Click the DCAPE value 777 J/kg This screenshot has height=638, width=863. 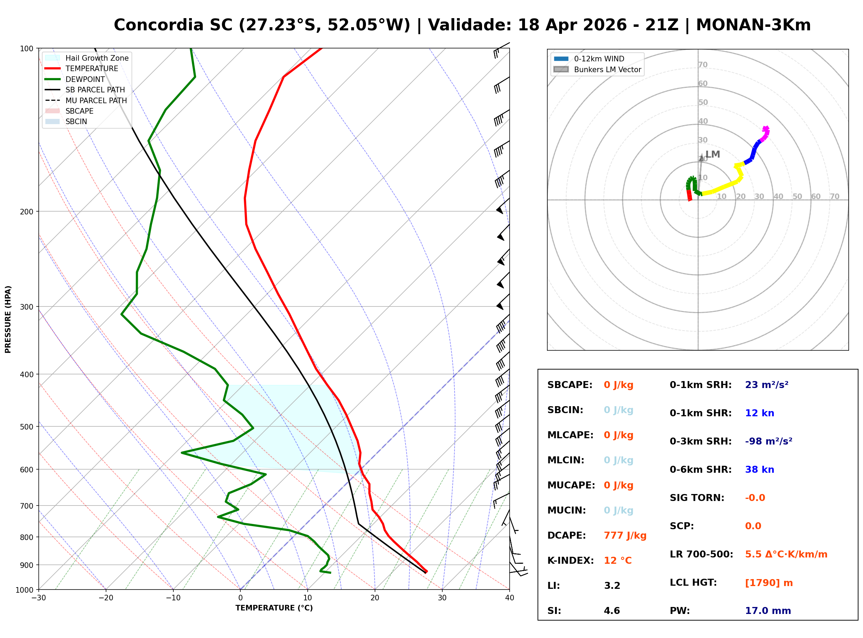point(625,535)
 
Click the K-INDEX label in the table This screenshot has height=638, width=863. point(570,560)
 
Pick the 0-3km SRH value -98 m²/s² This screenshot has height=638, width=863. point(768,441)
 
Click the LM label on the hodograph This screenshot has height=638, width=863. point(712,154)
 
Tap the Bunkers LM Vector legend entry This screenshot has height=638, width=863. point(607,69)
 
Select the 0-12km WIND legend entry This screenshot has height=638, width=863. point(599,59)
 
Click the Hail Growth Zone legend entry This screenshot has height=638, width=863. point(97,58)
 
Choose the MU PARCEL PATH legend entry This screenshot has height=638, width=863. point(96,100)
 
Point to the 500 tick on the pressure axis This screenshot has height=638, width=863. point(26,427)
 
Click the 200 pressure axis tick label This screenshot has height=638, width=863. point(26,212)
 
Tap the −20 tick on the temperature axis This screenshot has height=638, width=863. point(105,598)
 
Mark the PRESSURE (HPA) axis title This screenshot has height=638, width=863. point(8,319)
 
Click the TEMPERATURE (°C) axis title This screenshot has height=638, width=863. point(274,608)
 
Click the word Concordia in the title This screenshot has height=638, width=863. point(158,25)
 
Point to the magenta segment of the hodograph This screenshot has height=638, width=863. point(765,133)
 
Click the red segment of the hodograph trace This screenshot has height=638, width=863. point(689,195)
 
